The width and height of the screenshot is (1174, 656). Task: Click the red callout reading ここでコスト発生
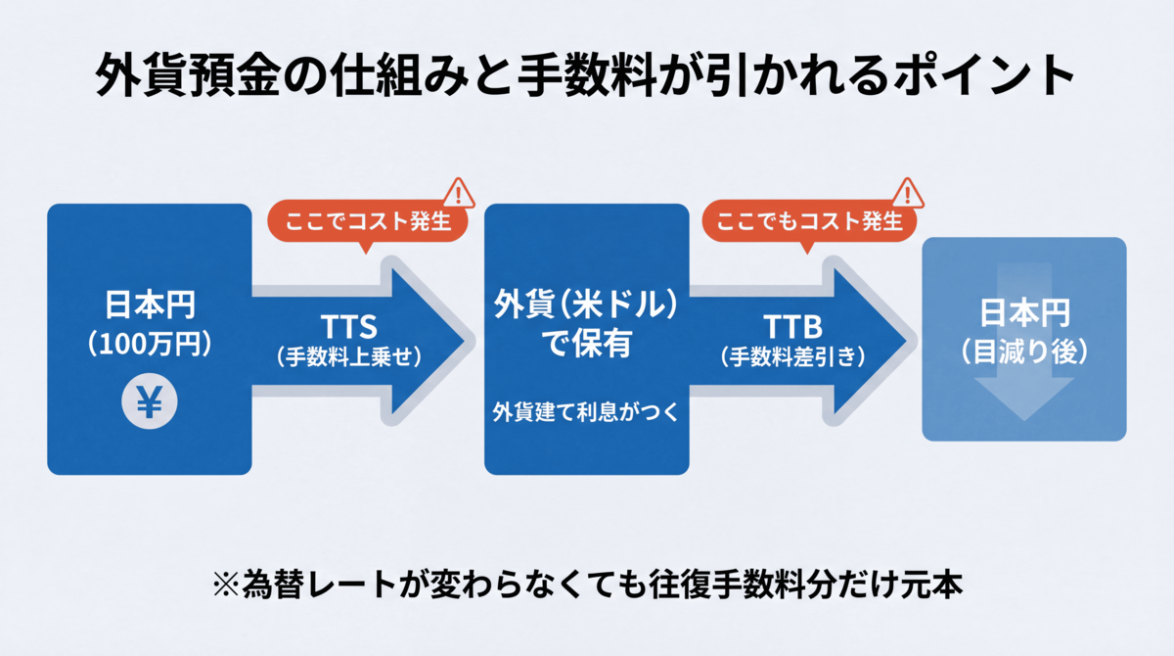[x=367, y=222]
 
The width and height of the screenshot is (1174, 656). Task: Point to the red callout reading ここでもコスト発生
[x=810, y=222]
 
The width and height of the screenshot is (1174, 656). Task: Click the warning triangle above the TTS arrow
[x=458, y=193]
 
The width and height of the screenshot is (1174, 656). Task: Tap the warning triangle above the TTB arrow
[x=909, y=193]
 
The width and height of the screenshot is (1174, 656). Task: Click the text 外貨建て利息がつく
[x=586, y=412]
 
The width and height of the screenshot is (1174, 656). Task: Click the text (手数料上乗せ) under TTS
[x=348, y=357]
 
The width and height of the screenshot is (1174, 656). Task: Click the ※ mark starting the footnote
[x=226, y=585]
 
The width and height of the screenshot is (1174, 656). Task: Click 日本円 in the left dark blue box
[x=150, y=305]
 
